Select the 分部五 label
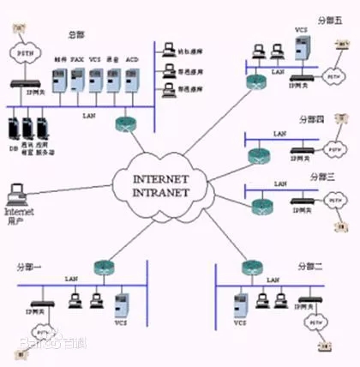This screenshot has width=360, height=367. [328, 20]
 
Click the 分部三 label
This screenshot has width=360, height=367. [321, 177]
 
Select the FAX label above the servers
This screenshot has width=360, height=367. [76, 60]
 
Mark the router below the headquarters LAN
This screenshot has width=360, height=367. [124, 122]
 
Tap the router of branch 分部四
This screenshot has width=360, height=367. [256, 155]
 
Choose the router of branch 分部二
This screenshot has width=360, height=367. [250, 266]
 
